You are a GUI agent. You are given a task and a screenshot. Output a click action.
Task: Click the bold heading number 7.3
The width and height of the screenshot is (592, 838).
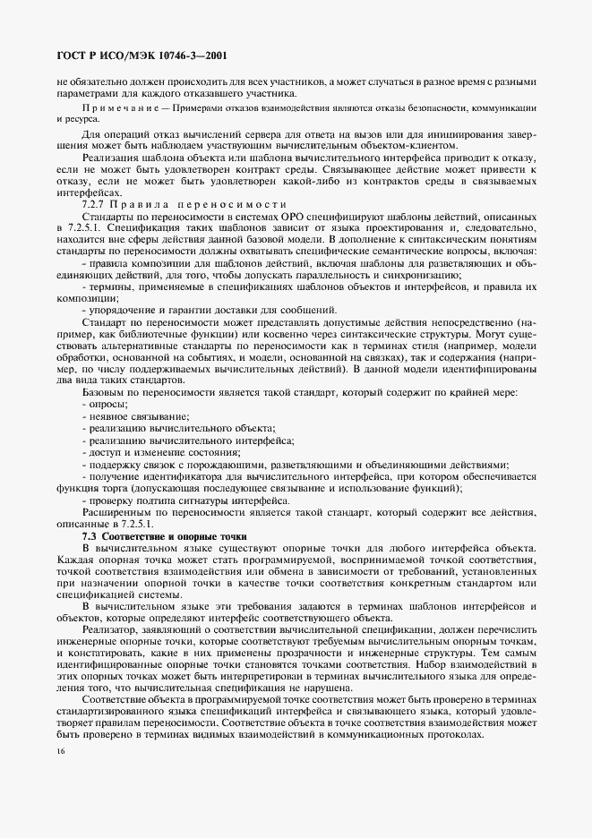91,534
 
